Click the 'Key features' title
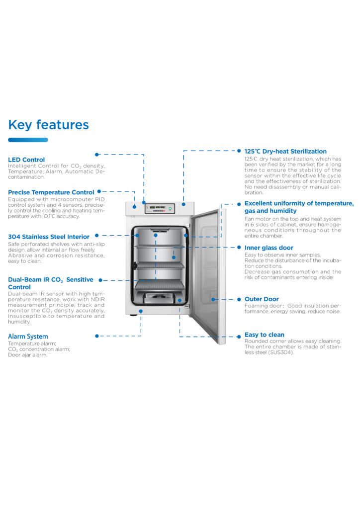pos(48,125)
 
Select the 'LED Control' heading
pos(26,160)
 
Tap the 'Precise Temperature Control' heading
pos(51,192)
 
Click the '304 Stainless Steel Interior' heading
pos(49,237)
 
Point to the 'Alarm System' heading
pos(28,337)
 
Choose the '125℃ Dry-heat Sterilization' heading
pos(285,151)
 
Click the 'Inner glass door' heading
pos(269,248)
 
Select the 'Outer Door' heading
pos(262,299)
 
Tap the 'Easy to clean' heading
pos(264,335)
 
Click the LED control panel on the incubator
pos(160,208)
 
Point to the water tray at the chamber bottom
pos(159,298)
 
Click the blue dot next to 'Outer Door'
pos(239,299)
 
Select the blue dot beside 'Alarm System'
pos(97,336)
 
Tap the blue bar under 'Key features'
pos(28,140)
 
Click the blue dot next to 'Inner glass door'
pos(239,248)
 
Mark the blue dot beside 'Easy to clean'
pos(239,337)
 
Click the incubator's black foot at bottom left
pos(133,315)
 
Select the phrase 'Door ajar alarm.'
pos(27,355)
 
